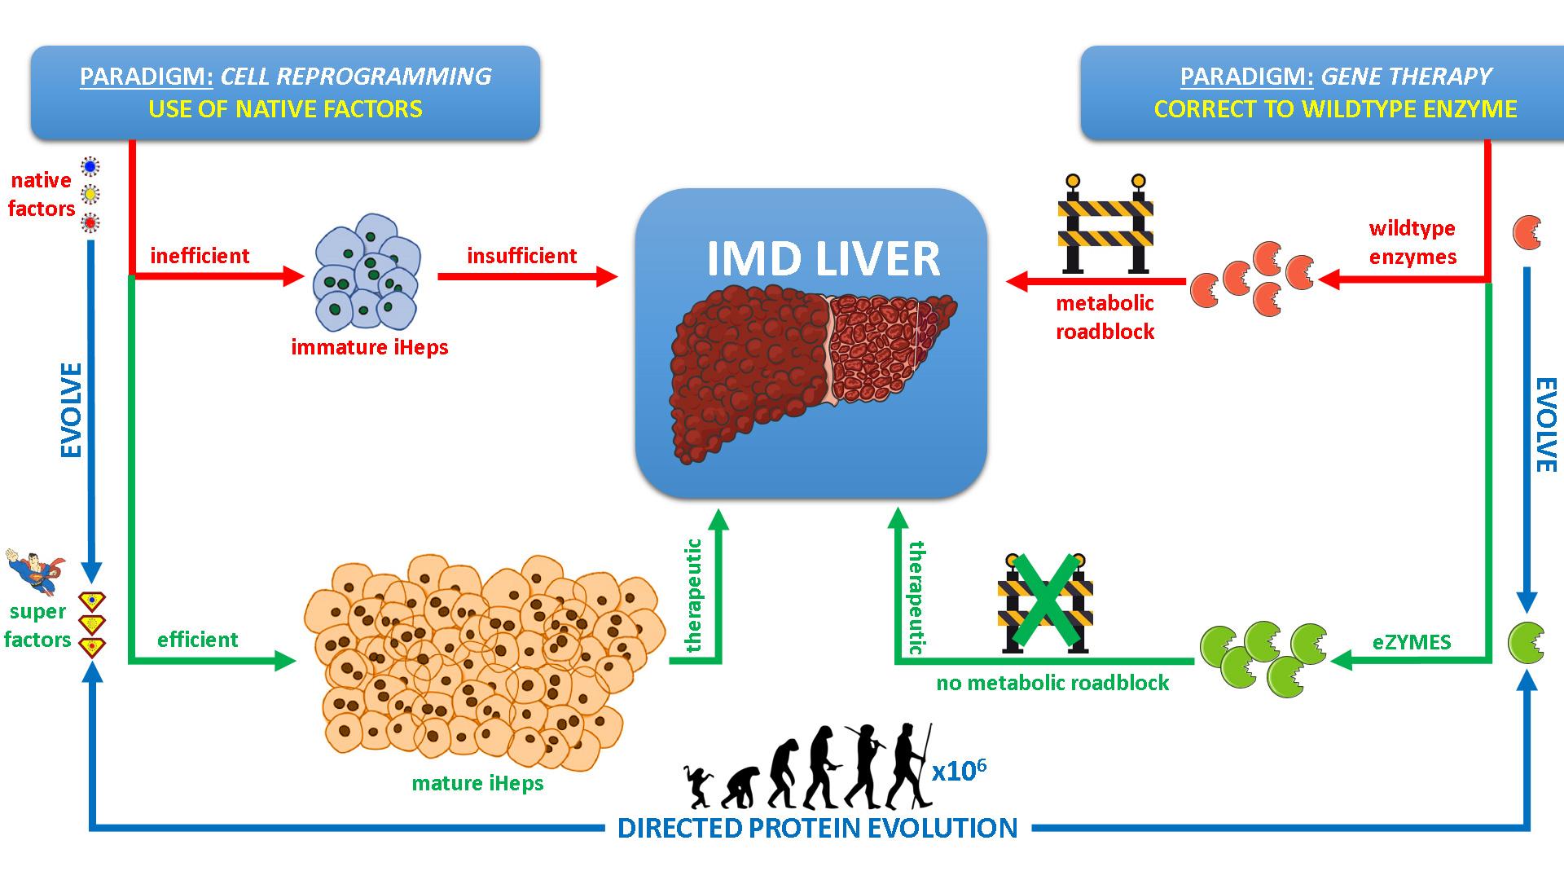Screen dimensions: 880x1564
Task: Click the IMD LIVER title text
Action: pyautogui.click(x=823, y=258)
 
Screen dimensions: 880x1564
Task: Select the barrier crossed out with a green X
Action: pyautogui.click(x=1045, y=603)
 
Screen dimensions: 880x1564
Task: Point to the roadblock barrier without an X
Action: pyautogui.click(x=1105, y=223)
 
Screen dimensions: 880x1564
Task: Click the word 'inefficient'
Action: pyautogui.click(x=200, y=256)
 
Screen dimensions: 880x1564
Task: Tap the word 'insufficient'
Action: pyautogui.click(x=521, y=256)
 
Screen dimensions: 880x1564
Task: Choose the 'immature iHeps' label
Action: pyautogui.click(x=370, y=347)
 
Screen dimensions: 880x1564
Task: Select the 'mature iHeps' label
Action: pyautogui.click(x=477, y=783)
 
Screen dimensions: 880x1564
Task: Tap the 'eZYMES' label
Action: pyautogui.click(x=1412, y=642)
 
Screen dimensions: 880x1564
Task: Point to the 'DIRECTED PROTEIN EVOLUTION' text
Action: pyautogui.click(x=817, y=828)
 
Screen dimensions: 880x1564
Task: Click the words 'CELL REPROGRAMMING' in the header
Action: pyautogui.click(x=356, y=77)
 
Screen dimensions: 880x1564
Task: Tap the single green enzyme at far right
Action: pyautogui.click(x=1525, y=643)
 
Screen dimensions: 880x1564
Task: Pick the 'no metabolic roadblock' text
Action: pyautogui.click(x=1052, y=683)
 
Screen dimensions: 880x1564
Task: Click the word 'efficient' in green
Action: pyautogui.click(x=197, y=640)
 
